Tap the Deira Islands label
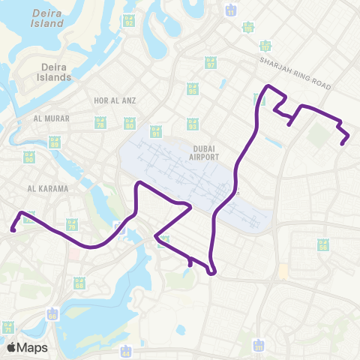(x=56, y=72)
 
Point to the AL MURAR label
(x=50, y=118)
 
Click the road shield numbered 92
(x=129, y=21)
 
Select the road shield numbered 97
(x=211, y=64)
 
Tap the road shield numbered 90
(x=29, y=157)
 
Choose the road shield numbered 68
(x=79, y=283)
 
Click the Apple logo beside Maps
(x=12, y=347)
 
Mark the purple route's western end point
(x=13, y=231)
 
